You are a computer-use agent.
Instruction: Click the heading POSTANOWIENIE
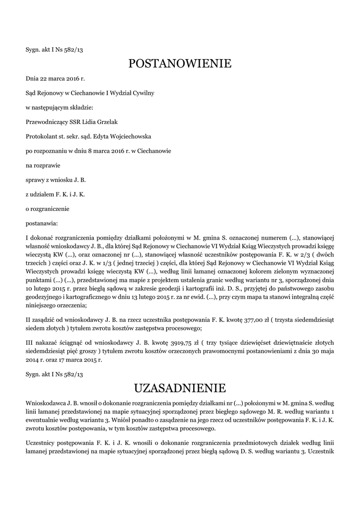pyautogui.click(x=180, y=63)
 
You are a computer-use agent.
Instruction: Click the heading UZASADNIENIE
pyautogui.click(x=180, y=387)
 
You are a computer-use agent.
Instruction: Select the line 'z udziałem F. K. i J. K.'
pyautogui.click(x=55, y=193)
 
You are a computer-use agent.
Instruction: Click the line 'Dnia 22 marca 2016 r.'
pyautogui.click(x=56, y=78)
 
